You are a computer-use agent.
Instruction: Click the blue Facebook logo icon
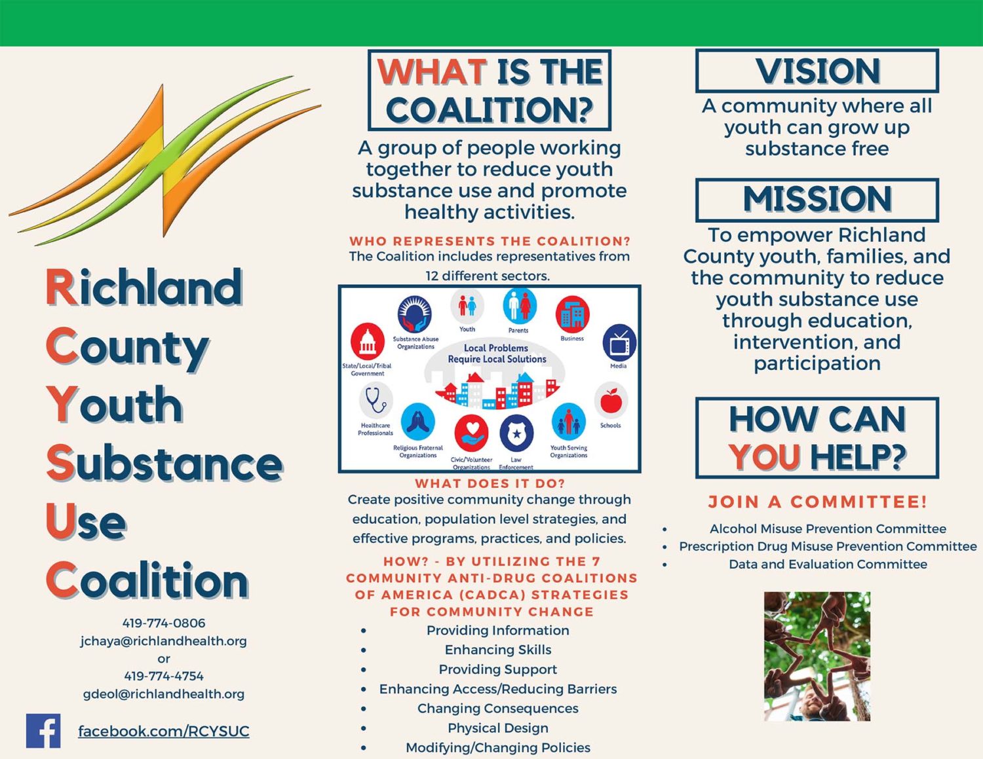click(x=43, y=731)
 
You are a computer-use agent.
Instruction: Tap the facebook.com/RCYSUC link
click(x=164, y=731)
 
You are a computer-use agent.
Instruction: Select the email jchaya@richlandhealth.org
click(x=164, y=641)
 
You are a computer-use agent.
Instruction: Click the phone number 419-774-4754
click(x=164, y=676)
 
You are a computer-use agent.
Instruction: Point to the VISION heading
click(x=817, y=71)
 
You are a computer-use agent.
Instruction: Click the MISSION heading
click(x=817, y=199)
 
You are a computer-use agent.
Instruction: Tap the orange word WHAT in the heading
click(x=432, y=72)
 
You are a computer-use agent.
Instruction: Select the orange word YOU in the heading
click(x=765, y=457)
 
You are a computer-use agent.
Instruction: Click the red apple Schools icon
click(x=611, y=400)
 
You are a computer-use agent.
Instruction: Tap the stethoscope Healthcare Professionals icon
click(x=376, y=400)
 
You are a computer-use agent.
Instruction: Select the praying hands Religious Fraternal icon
click(x=418, y=421)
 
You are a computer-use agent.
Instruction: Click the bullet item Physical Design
click(x=498, y=728)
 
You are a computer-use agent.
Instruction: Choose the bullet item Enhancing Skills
click(x=498, y=650)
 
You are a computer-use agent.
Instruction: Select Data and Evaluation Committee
click(x=828, y=564)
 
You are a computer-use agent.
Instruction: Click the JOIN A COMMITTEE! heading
click(x=817, y=502)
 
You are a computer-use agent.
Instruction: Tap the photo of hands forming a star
click(x=817, y=656)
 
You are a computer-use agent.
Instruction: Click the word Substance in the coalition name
click(x=164, y=464)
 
